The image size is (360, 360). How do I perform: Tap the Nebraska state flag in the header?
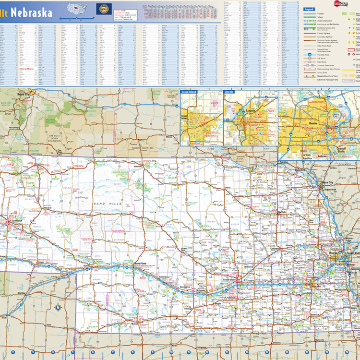103,9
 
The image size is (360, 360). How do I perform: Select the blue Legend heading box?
310,10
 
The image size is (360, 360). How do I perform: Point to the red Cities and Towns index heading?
26,68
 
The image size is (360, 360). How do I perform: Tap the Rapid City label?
24,95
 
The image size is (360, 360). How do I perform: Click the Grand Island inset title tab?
189,91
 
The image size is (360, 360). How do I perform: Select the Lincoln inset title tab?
229,91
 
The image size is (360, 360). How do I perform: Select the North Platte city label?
141,264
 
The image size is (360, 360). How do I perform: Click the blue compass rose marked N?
58,307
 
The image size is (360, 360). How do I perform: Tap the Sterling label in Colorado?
21,292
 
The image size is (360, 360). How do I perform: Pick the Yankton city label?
284,162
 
